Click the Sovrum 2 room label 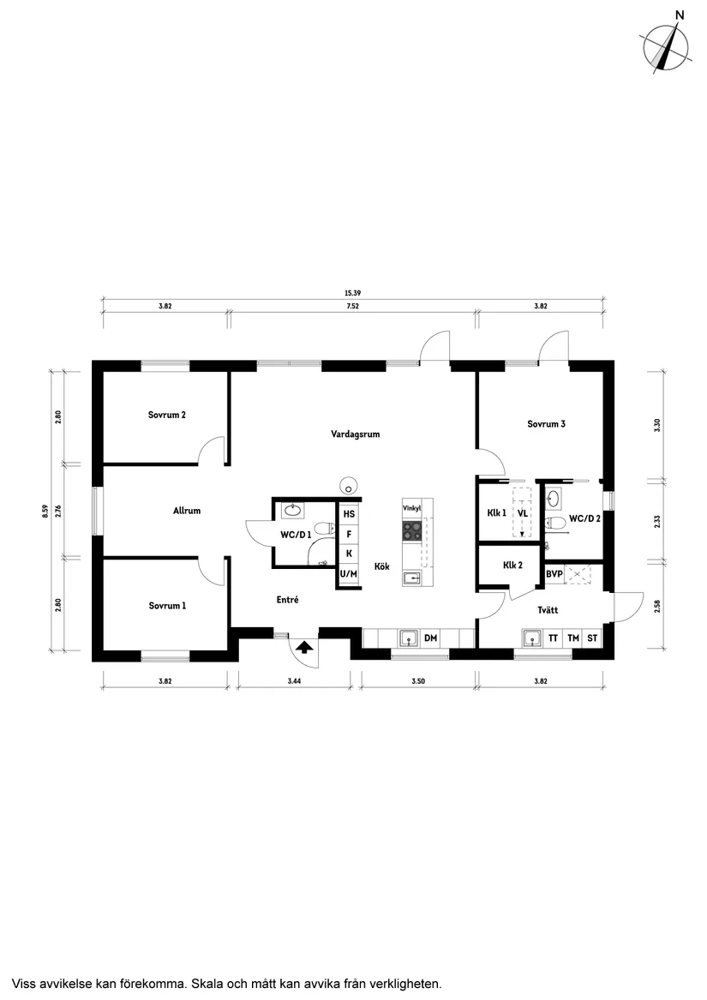[166, 416]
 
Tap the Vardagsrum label [356, 434]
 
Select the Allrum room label [187, 511]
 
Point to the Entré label [287, 600]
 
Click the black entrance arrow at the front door [304, 648]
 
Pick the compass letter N [680, 15]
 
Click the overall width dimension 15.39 [353, 293]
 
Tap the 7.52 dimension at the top [353, 306]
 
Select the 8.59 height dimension [45, 512]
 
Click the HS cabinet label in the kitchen [349, 514]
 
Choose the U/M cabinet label [349, 574]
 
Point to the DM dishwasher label [431, 638]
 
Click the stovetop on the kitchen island [411, 530]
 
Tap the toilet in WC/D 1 [327, 529]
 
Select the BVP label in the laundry [554, 574]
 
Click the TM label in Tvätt [573, 638]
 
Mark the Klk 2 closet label [512, 565]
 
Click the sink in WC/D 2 [554, 499]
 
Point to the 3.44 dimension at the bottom [294, 681]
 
